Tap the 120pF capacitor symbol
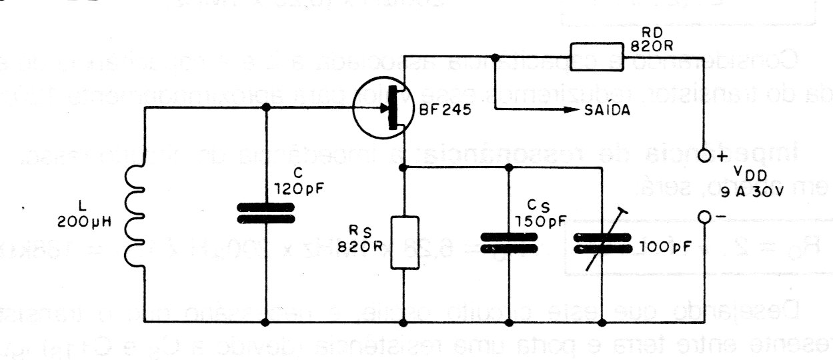click(267, 213)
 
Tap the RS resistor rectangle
click(403, 241)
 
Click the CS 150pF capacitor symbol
click(508, 242)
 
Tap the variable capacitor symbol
click(603, 241)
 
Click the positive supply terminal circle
click(704, 157)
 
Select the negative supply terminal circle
click(704, 217)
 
